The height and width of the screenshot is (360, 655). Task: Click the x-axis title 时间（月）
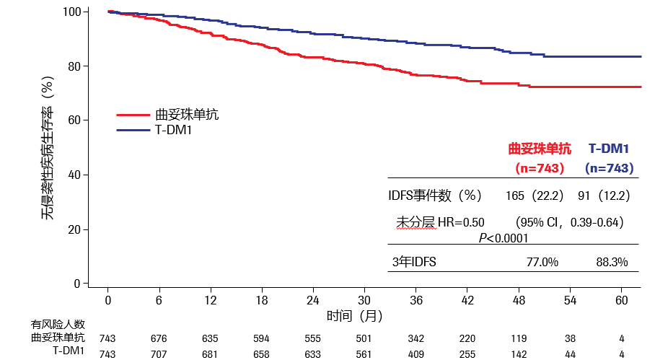354,315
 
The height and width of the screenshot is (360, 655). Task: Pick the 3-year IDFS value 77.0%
542,262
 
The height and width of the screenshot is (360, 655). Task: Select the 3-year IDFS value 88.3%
612,262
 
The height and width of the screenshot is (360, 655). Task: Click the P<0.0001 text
504,237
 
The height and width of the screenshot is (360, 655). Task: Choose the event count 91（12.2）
605,196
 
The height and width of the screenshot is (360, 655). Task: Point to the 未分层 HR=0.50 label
440,221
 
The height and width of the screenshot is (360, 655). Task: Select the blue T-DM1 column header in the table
609,149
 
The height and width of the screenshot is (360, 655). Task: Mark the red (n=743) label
540,168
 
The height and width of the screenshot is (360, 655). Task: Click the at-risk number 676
159,338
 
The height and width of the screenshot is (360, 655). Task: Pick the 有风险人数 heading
58,325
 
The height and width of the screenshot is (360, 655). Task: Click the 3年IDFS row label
414,262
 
